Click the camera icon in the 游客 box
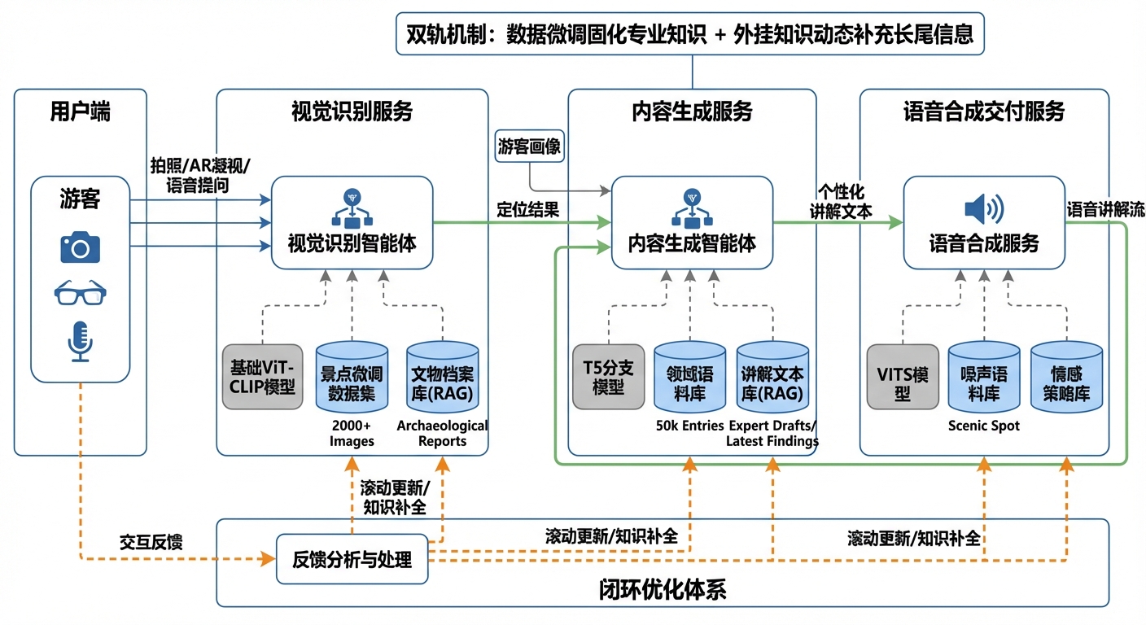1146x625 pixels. coord(80,247)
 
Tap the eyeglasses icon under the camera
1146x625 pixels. coord(80,292)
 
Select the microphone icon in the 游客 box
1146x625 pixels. coord(80,341)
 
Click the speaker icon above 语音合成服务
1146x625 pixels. coord(983,209)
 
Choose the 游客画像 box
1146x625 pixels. coord(530,146)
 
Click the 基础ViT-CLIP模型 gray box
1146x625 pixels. coord(262,376)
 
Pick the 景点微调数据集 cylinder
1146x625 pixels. coord(352,376)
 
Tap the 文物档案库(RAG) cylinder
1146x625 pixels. coord(442,376)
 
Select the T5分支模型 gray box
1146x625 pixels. coord(607,376)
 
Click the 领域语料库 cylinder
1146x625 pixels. coord(689,376)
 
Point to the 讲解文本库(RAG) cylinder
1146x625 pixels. coord(772,376)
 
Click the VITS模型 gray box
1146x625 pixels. coord(901,376)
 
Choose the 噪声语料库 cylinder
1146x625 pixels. coord(983,376)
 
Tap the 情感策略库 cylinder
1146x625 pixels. coord(1066,376)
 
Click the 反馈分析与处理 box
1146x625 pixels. coord(352,559)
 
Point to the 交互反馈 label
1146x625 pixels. coord(151,542)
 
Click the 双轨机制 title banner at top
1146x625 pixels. coord(690,34)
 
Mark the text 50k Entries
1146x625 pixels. coord(689,426)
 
